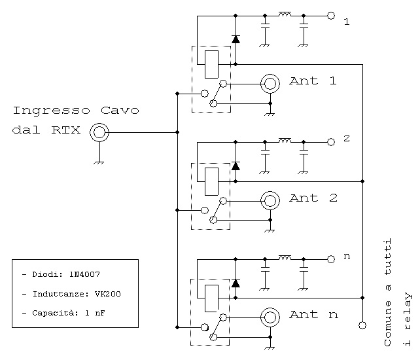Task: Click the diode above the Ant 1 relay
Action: (236, 39)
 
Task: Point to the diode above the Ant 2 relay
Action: (236, 166)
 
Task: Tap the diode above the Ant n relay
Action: (236, 283)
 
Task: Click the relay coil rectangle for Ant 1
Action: (211, 64)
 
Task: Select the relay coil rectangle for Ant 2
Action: (211, 181)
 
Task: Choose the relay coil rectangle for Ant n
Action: (211, 298)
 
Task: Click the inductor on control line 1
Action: (285, 14)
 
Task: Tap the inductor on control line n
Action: (285, 258)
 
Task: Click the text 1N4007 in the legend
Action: (84, 274)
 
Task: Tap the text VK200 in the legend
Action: (108, 294)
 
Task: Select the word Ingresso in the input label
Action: (52, 111)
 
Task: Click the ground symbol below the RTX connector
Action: (99, 162)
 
